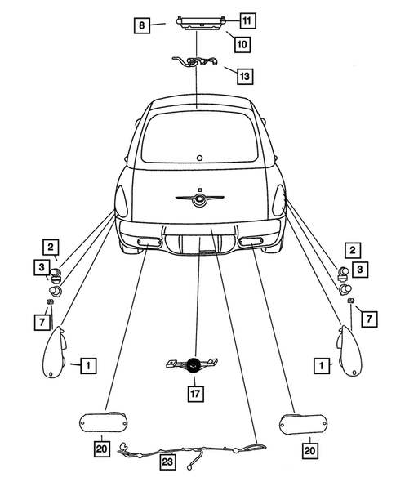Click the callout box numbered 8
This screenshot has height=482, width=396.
141,26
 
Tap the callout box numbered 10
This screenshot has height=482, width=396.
242,42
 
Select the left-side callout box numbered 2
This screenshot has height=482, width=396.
51,247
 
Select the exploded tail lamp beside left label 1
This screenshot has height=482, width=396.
56,352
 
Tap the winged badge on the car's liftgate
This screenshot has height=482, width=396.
198,198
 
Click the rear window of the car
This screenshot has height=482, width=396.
198,136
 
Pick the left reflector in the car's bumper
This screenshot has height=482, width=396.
149,240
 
